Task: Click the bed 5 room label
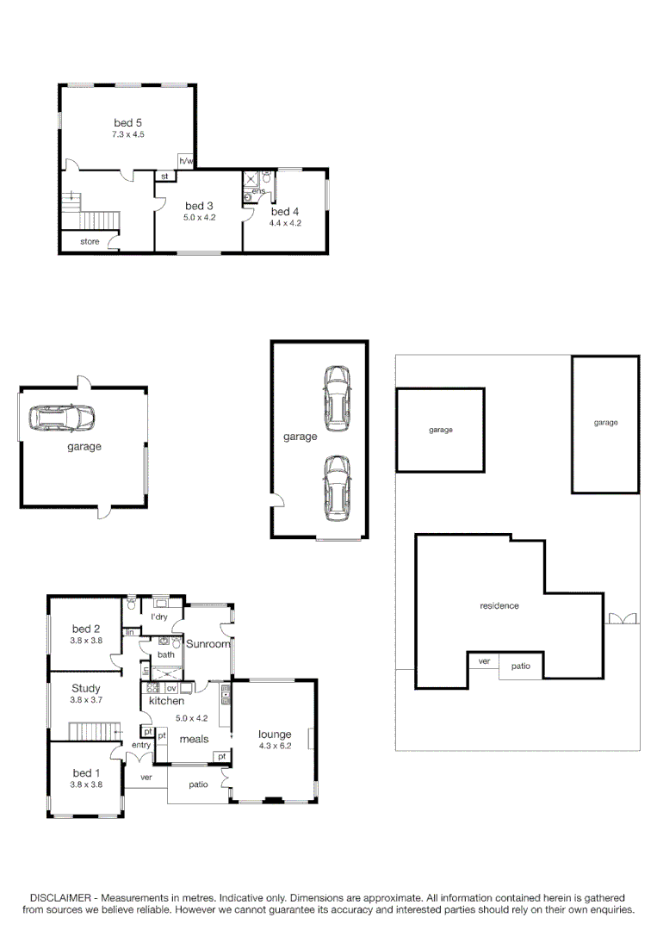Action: (x=127, y=122)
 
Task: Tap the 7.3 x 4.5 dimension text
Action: (x=127, y=135)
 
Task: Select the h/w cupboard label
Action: (x=185, y=161)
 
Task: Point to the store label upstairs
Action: (x=90, y=242)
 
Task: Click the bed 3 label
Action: (x=199, y=206)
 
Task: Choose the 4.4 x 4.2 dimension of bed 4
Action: (x=284, y=223)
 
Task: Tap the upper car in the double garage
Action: (x=337, y=398)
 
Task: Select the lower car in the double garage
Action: (x=337, y=487)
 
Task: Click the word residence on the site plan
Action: (x=499, y=606)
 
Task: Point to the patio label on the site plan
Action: (x=521, y=666)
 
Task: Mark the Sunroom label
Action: (x=208, y=644)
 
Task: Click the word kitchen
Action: (x=166, y=701)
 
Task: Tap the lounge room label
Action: (x=276, y=735)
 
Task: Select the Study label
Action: (x=85, y=688)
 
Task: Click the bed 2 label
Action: (x=86, y=629)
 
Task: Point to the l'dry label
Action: (x=158, y=617)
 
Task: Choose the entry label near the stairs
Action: (x=140, y=745)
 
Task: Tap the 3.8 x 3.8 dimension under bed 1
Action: (x=86, y=784)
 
